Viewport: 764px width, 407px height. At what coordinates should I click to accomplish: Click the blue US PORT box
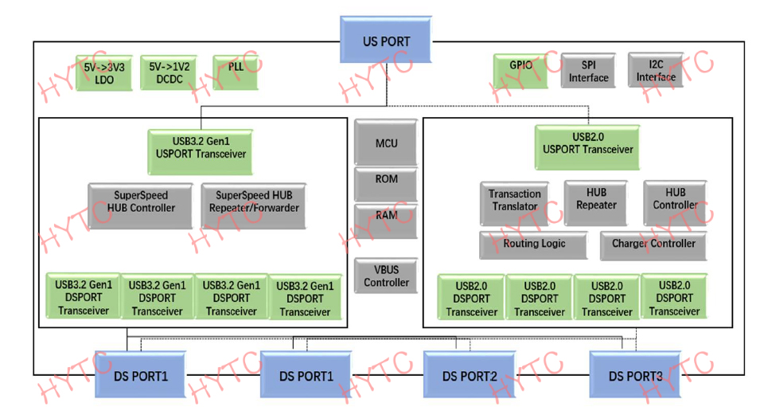(386, 40)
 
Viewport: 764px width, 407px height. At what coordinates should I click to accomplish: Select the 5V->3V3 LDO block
(104, 73)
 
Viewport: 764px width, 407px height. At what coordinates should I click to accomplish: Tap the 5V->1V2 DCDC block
(169, 72)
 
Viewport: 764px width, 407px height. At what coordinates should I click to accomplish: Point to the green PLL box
(236, 72)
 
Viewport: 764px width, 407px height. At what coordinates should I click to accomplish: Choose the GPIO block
(520, 71)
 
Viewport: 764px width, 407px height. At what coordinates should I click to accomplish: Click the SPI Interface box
(589, 71)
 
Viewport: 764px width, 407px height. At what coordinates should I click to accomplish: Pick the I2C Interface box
(656, 70)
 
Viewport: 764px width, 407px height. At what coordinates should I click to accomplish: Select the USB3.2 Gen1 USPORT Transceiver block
(201, 152)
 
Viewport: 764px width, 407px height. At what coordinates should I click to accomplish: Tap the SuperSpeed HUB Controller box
(141, 206)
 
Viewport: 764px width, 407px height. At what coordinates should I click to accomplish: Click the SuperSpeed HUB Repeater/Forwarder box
(254, 206)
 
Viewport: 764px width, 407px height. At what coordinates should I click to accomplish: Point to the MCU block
(386, 143)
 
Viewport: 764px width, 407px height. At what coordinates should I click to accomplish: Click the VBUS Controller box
(386, 276)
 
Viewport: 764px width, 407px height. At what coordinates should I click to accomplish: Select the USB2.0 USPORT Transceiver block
(587, 147)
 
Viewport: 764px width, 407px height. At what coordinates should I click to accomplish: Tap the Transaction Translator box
(515, 204)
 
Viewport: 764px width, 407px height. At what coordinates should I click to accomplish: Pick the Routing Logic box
(534, 245)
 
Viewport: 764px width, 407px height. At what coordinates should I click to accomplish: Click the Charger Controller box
(653, 245)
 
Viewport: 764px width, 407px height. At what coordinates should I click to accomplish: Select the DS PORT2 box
(470, 375)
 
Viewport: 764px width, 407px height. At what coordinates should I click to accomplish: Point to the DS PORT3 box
(635, 375)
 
